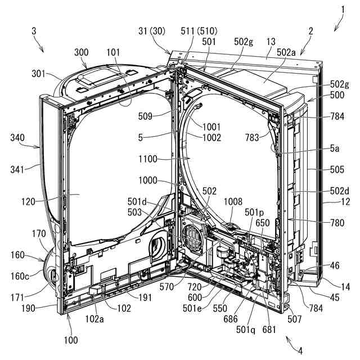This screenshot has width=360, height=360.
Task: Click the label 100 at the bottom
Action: tap(71, 340)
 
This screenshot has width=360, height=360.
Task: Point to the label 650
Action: tap(262, 222)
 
